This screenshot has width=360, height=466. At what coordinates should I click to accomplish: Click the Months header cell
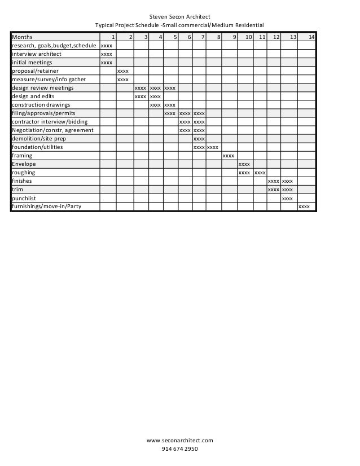click(23, 37)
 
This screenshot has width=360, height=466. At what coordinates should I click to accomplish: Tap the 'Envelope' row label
click(24, 164)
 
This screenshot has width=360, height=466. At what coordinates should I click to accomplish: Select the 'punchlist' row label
click(24, 198)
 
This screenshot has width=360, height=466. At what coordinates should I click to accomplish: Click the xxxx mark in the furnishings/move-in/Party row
click(304, 206)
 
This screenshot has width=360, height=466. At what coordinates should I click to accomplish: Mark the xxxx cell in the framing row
click(229, 156)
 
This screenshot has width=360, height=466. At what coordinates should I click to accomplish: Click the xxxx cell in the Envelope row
click(244, 164)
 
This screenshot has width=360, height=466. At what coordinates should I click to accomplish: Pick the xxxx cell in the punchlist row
click(287, 198)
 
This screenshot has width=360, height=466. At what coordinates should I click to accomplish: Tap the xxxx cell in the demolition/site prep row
click(199, 139)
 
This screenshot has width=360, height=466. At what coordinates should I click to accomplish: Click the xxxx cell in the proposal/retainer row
click(122, 71)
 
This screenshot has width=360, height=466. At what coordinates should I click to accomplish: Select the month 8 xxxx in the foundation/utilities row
click(213, 147)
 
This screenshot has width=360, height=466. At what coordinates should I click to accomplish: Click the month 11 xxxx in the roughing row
click(260, 173)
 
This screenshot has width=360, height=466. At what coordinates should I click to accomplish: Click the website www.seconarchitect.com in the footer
click(180, 439)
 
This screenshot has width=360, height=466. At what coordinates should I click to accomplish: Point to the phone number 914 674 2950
click(180, 449)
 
